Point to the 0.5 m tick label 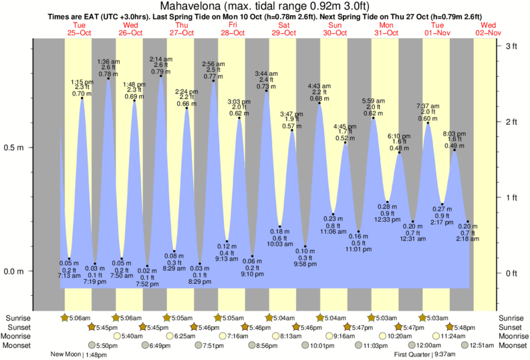point(16,147)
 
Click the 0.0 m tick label point(16,271)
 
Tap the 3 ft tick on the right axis point(511,45)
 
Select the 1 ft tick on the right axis point(511,197)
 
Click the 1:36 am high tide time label point(108,61)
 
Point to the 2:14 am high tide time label point(161,59)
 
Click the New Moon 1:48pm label point(79,355)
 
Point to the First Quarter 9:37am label point(422,355)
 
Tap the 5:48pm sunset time point(464,327)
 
